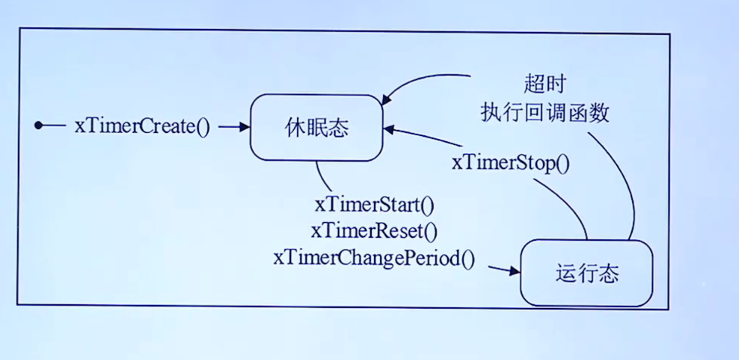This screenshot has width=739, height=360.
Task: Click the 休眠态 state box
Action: (x=316, y=128)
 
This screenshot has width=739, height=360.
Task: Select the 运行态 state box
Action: (x=587, y=274)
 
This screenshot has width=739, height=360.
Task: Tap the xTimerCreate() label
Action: (x=142, y=126)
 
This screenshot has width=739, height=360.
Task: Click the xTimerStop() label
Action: (x=511, y=163)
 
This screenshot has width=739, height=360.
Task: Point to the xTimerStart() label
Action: (x=374, y=205)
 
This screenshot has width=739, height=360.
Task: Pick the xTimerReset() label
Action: (x=374, y=231)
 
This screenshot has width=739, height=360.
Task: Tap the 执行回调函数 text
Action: (x=545, y=113)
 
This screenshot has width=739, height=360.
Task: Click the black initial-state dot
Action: (x=38, y=125)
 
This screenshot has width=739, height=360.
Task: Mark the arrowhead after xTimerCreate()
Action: (x=245, y=127)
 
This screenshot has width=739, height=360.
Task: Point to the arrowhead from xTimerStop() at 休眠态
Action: (x=389, y=129)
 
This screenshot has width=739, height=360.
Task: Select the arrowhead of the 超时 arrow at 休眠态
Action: (x=385, y=102)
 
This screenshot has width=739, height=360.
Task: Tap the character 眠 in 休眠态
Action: (x=316, y=128)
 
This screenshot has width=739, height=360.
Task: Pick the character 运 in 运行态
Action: (x=565, y=274)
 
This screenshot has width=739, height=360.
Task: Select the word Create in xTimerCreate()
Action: (x=169, y=126)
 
